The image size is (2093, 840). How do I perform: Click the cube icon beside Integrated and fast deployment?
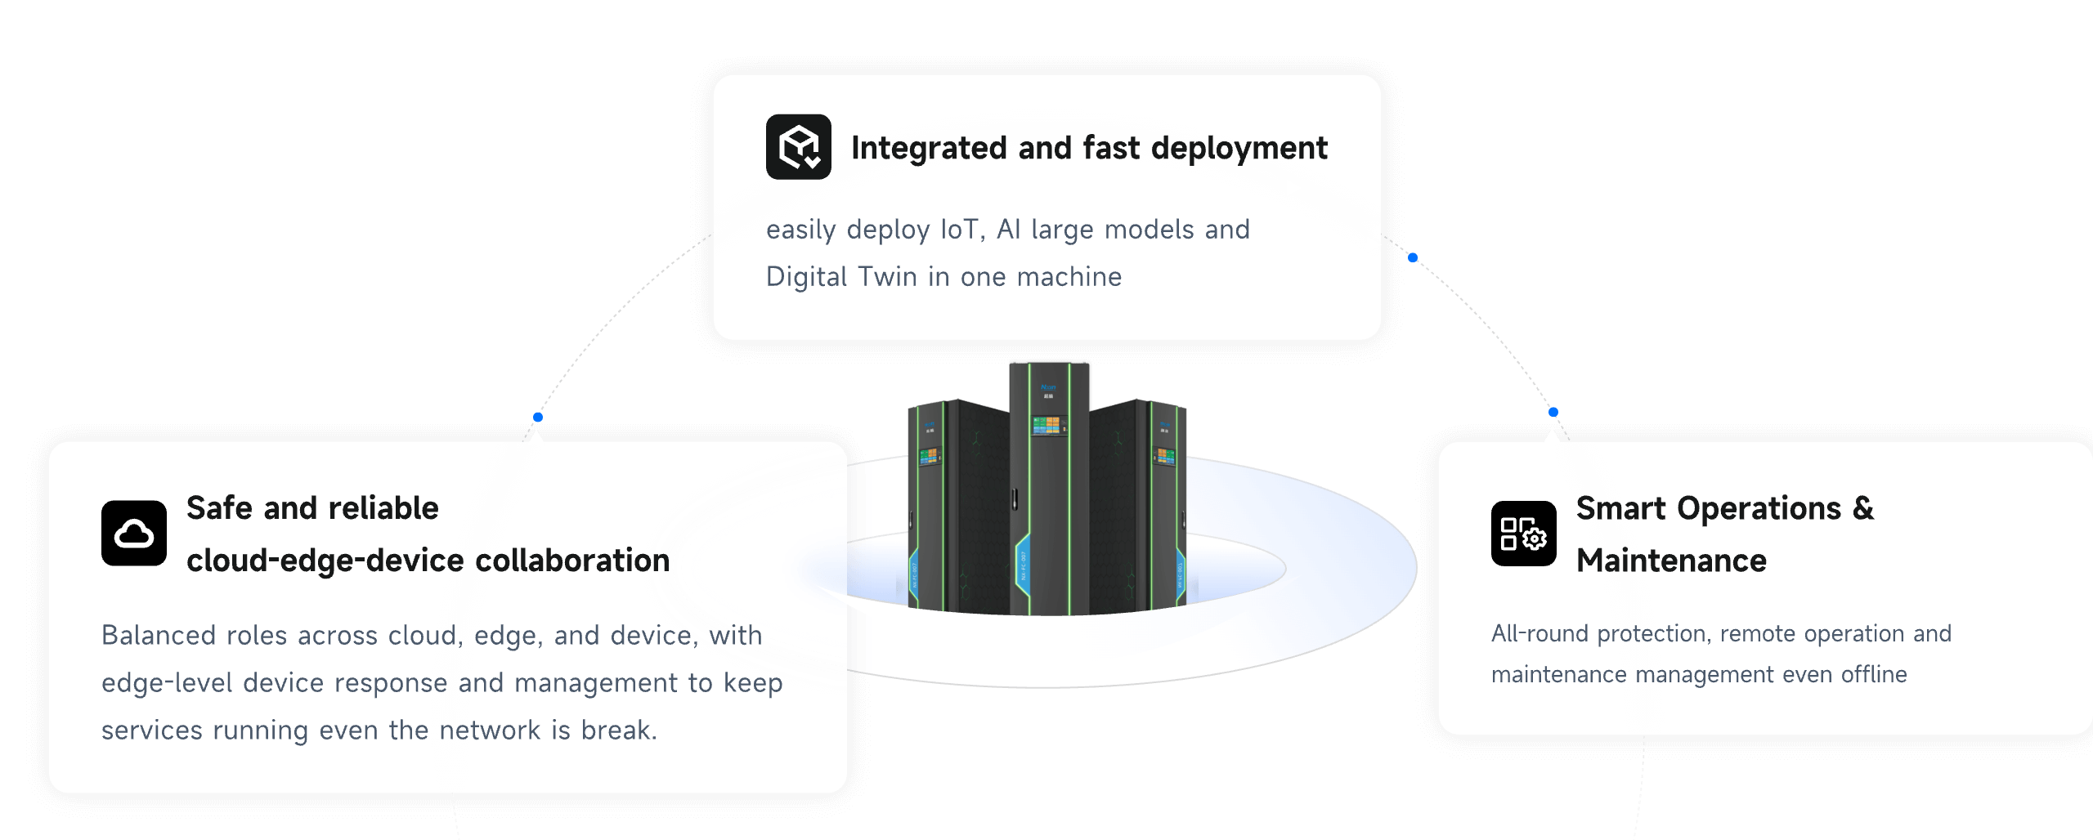tap(798, 146)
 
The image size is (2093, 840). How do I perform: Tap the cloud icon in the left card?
tap(133, 533)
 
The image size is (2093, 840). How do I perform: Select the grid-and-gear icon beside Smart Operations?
tap(1523, 533)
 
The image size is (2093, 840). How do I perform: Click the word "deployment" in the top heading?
tap(1239, 148)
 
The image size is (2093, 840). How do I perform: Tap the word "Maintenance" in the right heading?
tap(1671, 561)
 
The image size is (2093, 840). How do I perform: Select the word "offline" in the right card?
tap(1874, 675)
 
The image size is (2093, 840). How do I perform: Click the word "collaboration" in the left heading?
tap(572, 561)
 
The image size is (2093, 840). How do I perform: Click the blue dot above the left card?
tap(538, 418)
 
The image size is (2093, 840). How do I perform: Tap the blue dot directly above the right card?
tap(1553, 412)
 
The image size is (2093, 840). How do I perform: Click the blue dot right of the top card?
tap(1412, 258)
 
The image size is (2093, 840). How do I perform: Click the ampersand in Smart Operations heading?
tap(1863, 508)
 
